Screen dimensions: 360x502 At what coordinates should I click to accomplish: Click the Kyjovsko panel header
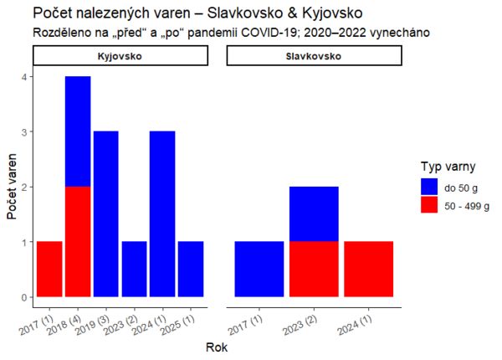(120, 55)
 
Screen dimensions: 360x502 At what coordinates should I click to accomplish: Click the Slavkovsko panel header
(315, 55)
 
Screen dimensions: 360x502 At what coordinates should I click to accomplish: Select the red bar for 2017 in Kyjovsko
(49, 269)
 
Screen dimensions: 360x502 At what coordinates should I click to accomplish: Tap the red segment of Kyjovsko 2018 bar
(78, 241)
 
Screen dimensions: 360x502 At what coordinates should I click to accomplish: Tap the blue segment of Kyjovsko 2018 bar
(78, 131)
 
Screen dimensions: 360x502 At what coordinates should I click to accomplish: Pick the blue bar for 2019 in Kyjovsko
(105, 213)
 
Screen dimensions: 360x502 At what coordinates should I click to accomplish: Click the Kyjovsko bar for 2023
(134, 269)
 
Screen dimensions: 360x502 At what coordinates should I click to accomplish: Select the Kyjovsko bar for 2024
(162, 213)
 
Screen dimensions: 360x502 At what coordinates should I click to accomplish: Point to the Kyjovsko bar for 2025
(191, 269)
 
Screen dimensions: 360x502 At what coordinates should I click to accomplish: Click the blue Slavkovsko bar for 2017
(259, 269)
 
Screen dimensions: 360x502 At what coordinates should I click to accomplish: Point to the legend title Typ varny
(453, 166)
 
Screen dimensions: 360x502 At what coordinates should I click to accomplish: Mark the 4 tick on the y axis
(25, 77)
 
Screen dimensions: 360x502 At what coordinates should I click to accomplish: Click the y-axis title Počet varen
(12, 187)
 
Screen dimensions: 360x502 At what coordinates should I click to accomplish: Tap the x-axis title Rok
(217, 345)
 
